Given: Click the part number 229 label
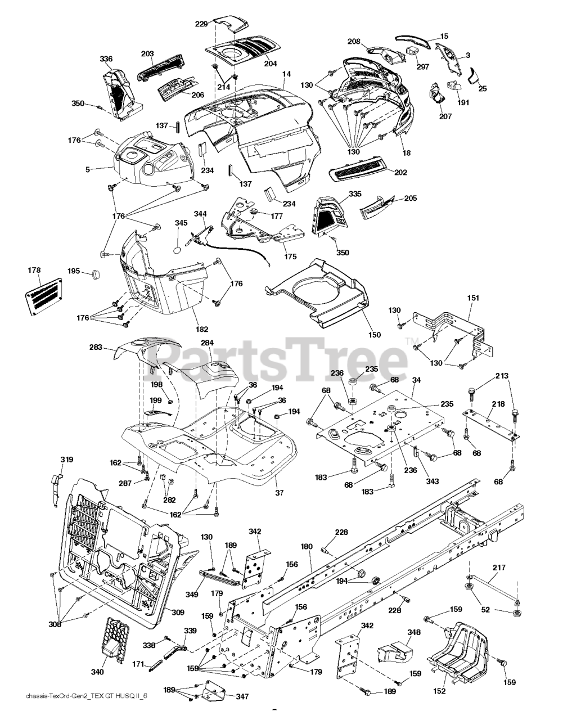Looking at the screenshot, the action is pos(201,24).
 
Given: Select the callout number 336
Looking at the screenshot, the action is pos(106,59).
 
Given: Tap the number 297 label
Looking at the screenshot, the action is pos(422,66).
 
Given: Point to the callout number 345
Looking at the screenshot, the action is pos(182,223).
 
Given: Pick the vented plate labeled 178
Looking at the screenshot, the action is pos(44,296).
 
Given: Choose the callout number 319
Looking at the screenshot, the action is pos(67,460).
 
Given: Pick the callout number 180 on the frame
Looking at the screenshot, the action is pos(307,546).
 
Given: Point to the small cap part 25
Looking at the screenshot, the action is pos(474,75).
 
